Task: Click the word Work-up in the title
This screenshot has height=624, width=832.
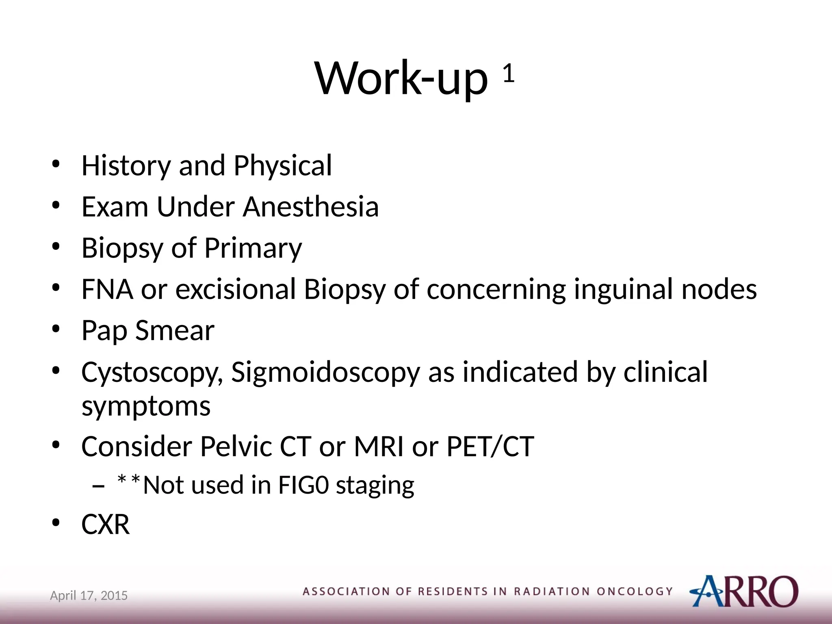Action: [401, 78]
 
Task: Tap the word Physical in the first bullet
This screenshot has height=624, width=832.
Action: [283, 166]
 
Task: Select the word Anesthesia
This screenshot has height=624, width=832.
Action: [311, 207]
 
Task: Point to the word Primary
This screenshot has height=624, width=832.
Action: [253, 248]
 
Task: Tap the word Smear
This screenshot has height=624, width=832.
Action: [175, 331]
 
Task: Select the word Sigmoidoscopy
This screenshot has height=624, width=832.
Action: [325, 373]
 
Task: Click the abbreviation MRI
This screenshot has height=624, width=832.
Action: [379, 446]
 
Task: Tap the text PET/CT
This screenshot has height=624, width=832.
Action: [490, 446]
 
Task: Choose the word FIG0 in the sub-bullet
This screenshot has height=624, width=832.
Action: [303, 485]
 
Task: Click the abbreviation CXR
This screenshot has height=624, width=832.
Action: [106, 524]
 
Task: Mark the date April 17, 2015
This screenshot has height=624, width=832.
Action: [89, 596]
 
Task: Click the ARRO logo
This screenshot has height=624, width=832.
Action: [744, 591]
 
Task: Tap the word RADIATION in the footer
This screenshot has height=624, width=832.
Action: [551, 591]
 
